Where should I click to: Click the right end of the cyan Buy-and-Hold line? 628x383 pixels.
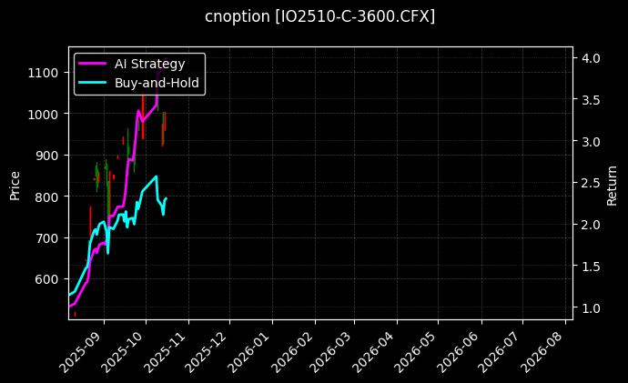pos(166,198)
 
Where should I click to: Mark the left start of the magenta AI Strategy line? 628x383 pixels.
pos(69,306)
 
